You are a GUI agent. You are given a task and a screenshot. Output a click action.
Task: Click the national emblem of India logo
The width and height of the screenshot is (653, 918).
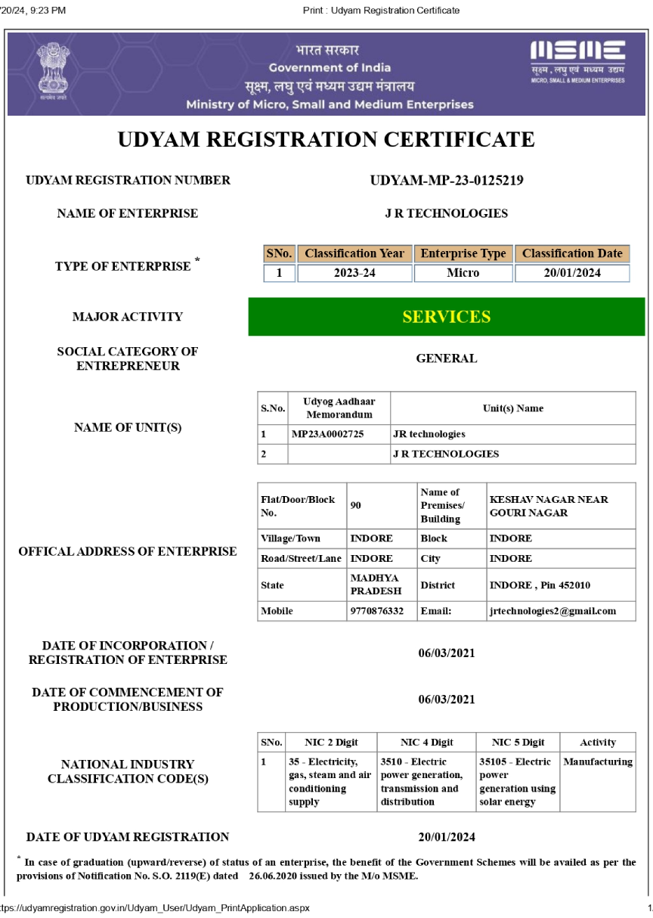pos(52,73)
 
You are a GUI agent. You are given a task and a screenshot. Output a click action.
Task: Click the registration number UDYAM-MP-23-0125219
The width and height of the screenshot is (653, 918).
pos(447,181)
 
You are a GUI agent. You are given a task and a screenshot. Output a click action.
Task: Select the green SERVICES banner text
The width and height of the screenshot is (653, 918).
pos(446,317)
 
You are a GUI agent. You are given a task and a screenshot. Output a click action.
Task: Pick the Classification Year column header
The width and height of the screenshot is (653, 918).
pos(354,254)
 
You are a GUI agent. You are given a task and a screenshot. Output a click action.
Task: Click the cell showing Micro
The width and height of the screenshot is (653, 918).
pos(463,273)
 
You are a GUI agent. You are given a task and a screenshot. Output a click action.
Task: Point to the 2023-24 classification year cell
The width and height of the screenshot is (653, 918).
pos(354,273)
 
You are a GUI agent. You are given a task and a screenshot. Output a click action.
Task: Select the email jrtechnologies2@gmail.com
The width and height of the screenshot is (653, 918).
pos(552,611)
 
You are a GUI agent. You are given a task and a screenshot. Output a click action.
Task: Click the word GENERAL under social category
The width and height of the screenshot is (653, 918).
pos(447,359)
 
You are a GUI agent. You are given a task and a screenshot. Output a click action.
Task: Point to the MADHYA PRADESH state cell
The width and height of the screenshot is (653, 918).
pos(375,585)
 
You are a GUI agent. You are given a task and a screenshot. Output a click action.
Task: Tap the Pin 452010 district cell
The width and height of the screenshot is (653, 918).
pos(540,585)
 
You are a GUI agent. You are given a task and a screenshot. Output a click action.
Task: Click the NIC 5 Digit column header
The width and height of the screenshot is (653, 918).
pos(518,743)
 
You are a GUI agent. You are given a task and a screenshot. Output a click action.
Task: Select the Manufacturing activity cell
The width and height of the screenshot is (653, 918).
pos(598,762)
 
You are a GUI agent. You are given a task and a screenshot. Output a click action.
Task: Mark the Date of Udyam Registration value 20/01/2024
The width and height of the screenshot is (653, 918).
pos(447,837)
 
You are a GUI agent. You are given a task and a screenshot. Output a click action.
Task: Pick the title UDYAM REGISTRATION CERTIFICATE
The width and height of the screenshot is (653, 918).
pos(326,140)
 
